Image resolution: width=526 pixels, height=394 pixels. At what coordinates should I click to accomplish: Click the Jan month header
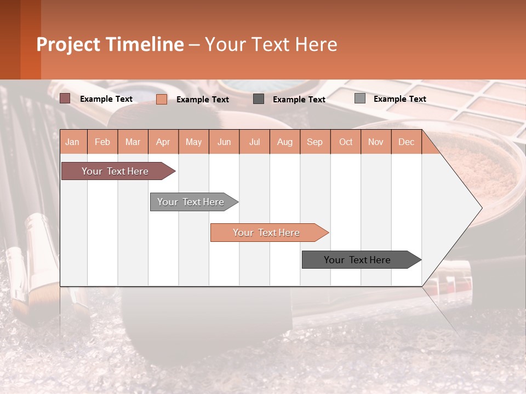(72, 142)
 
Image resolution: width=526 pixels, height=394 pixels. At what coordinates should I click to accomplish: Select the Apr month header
(163, 142)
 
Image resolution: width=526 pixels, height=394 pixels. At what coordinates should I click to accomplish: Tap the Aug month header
(285, 142)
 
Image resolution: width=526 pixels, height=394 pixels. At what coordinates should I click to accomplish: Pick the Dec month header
(406, 142)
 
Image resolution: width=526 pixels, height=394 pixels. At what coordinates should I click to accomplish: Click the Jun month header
(224, 142)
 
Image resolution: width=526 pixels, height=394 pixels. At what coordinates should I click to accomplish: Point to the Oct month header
(346, 142)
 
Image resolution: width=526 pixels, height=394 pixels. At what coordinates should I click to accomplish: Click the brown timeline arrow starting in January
(115, 171)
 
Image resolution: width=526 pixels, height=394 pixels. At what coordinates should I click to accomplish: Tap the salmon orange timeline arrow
(266, 233)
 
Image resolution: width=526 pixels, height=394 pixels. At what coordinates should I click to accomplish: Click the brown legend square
(65, 99)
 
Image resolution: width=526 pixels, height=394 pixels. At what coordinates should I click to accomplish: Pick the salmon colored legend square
(162, 99)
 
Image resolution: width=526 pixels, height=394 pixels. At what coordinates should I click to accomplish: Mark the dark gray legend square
(259, 99)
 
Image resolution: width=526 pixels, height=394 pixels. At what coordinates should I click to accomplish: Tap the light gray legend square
(360, 99)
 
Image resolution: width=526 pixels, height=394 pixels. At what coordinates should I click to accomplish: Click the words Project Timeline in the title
(110, 44)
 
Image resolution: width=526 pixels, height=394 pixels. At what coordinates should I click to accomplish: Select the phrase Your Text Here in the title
(271, 44)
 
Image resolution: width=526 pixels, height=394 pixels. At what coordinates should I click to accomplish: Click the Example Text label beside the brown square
(106, 99)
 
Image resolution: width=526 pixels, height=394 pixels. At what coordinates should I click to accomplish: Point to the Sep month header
(315, 142)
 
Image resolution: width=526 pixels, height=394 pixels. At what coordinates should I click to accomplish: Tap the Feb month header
(102, 142)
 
